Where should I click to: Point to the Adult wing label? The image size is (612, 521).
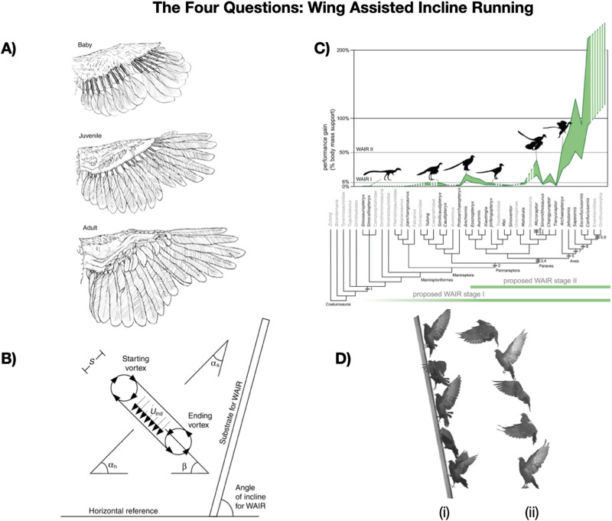tap(87, 217)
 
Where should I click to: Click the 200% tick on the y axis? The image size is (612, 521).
tap(343, 51)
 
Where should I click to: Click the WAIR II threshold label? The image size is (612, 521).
tap(364, 150)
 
